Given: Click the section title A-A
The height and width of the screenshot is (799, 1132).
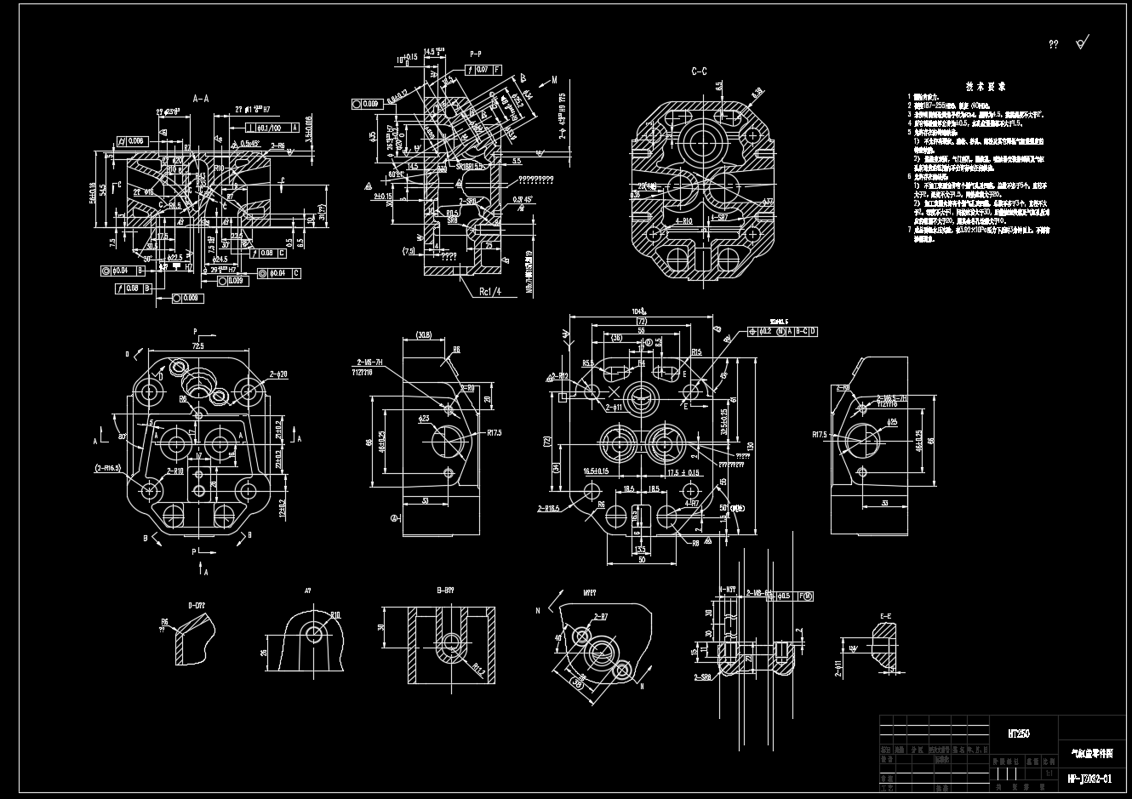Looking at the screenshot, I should (x=200, y=99).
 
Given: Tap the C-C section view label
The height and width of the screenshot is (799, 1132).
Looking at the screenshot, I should (x=699, y=71).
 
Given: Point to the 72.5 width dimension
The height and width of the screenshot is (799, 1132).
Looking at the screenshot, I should (x=197, y=347).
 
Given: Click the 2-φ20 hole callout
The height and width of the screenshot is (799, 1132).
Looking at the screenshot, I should (x=278, y=374).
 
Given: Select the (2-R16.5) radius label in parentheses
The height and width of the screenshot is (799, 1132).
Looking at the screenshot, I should (x=108, y=468).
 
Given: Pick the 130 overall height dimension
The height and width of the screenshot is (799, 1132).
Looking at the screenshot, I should (x=750, y=445).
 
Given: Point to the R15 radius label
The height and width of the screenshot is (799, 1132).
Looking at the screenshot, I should (x=696, y=351).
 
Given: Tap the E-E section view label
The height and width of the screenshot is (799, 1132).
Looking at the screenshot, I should (x=886, y=615).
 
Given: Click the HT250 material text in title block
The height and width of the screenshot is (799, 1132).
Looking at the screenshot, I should (x=1018, y=733).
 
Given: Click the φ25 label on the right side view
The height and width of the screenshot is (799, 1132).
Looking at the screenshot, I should (x=891, y=422).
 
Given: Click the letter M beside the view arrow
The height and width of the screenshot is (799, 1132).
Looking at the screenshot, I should (x=554, y=79).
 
